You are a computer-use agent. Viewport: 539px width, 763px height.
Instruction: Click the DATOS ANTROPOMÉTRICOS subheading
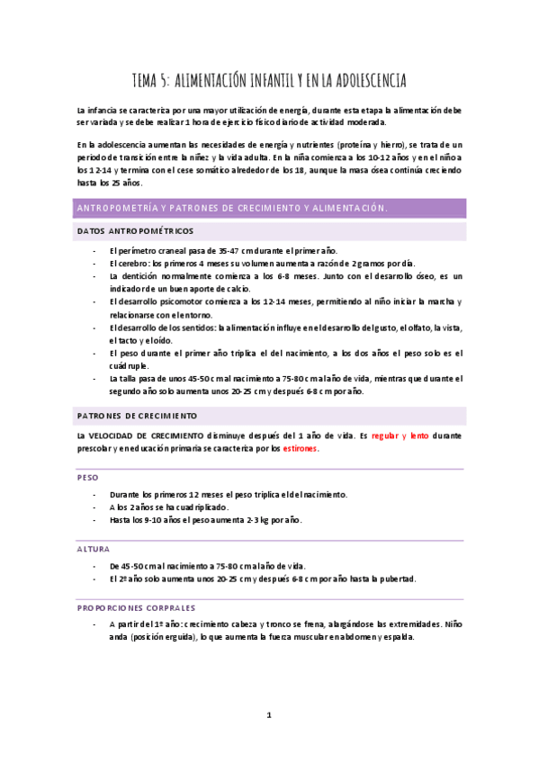click(135, 231)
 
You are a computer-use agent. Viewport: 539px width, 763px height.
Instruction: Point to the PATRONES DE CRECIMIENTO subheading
click(137, 416)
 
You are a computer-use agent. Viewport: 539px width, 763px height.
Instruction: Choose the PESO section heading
click(88, 477)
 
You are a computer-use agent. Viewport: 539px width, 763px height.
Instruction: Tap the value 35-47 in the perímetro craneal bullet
click(229, 251)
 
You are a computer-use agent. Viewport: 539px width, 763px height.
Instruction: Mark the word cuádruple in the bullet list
click(128, 366)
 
